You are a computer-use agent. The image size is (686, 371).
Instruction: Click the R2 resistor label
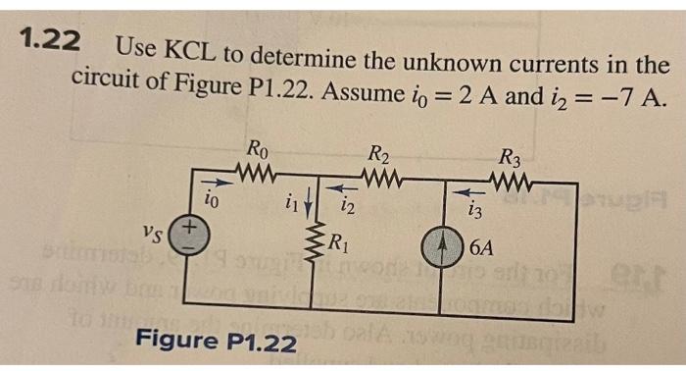pyautogui.click(x=379, y=154)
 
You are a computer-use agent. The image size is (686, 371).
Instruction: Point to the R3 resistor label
pyautogui.click(x=510, y=157)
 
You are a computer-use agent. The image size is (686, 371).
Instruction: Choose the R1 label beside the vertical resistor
pyautogui.click(x=340, y=244)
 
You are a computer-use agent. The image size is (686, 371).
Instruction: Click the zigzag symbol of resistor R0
pyautogui.click(x=259, y=175)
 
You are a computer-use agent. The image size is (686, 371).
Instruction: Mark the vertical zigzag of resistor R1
pyautogui.click(x=318, y=250)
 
